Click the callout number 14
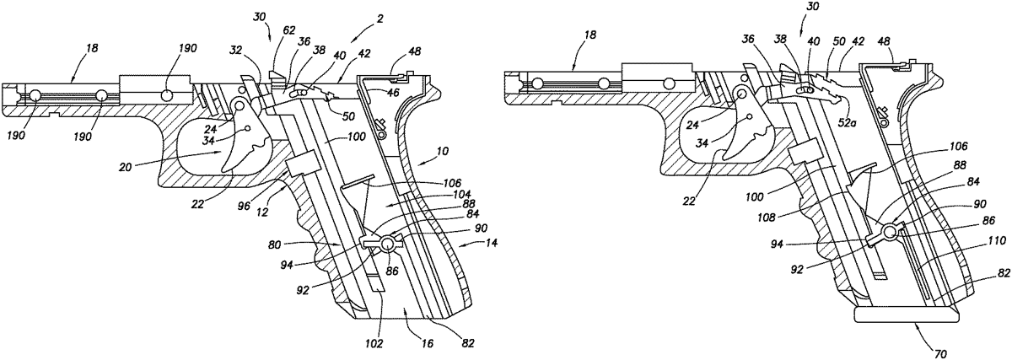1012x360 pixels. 488,242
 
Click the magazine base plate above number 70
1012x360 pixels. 906,314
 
